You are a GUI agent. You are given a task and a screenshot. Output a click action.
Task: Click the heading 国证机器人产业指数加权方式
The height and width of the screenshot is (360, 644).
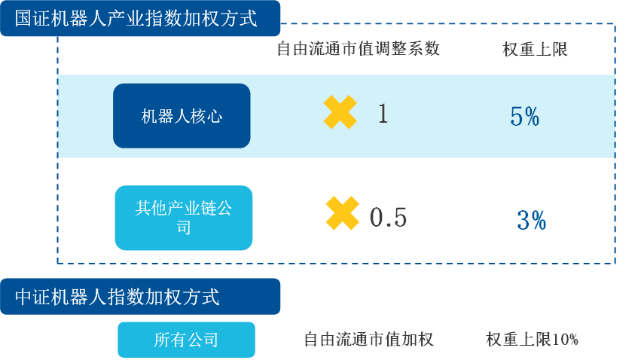point(136,18)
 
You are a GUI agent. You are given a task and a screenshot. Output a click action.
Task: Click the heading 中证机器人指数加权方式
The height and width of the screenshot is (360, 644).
point(118,297)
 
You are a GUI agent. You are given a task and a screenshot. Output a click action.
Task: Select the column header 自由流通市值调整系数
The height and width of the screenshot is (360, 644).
point(358,50)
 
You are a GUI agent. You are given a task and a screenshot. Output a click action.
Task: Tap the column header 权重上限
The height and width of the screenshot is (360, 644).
point(535,50)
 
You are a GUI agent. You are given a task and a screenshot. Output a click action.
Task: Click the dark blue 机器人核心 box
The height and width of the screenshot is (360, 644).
point(182,116)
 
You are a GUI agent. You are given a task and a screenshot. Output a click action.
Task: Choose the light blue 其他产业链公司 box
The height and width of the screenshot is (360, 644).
point(184,217)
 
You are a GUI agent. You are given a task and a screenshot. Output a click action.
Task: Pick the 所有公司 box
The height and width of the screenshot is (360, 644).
point(186,340)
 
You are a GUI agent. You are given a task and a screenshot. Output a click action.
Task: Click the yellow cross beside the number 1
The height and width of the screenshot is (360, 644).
point(340,113)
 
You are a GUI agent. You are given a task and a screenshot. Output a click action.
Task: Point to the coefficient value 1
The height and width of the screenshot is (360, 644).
point(383,114)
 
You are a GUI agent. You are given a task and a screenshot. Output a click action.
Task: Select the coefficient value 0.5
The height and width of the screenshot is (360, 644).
point(389,217)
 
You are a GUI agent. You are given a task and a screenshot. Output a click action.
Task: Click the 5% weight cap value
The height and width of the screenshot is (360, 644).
point(524,117)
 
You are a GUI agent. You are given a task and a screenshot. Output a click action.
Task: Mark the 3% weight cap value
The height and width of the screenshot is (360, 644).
point(532,220)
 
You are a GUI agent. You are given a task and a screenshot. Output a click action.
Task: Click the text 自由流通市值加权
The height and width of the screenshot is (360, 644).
point(368,340)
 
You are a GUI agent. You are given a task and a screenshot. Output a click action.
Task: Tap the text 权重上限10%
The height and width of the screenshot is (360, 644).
point(533,340)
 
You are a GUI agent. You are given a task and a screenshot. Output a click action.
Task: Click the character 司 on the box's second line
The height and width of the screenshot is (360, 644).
point(184,227)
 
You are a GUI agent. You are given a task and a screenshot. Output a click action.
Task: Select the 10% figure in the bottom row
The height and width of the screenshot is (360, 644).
point(565,340)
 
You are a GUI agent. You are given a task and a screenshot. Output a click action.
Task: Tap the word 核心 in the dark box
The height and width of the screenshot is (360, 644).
point(206,116)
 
